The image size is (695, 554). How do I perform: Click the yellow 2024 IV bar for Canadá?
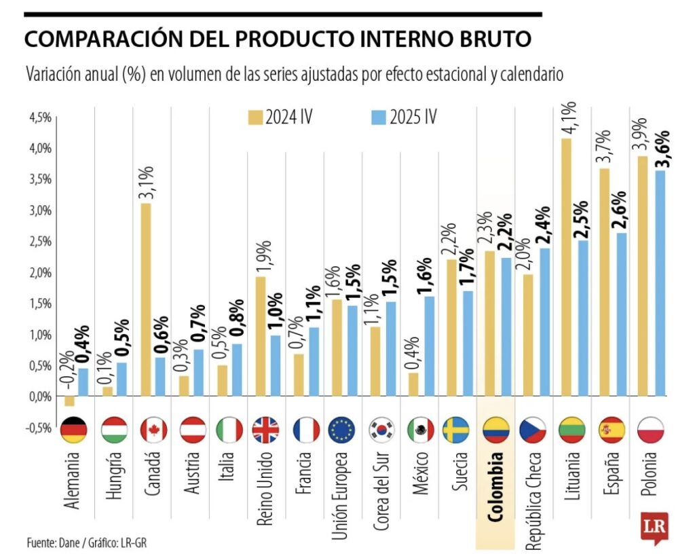(x=146, y=299)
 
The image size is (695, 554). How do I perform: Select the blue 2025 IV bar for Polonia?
(x=660, y=282)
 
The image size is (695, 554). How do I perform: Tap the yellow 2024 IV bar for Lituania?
(x=566, y=267)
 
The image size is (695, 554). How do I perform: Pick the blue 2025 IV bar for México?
(x=430, y=346)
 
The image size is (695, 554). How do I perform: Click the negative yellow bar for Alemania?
(x=69, y=401)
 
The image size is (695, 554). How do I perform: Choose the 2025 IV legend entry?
(x=405, y=117)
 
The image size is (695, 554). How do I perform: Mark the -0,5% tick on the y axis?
(x=39, y=428)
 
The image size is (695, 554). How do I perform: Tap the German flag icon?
(x=74, y=430)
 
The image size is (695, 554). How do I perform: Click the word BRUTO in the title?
(x=490, y=39)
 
